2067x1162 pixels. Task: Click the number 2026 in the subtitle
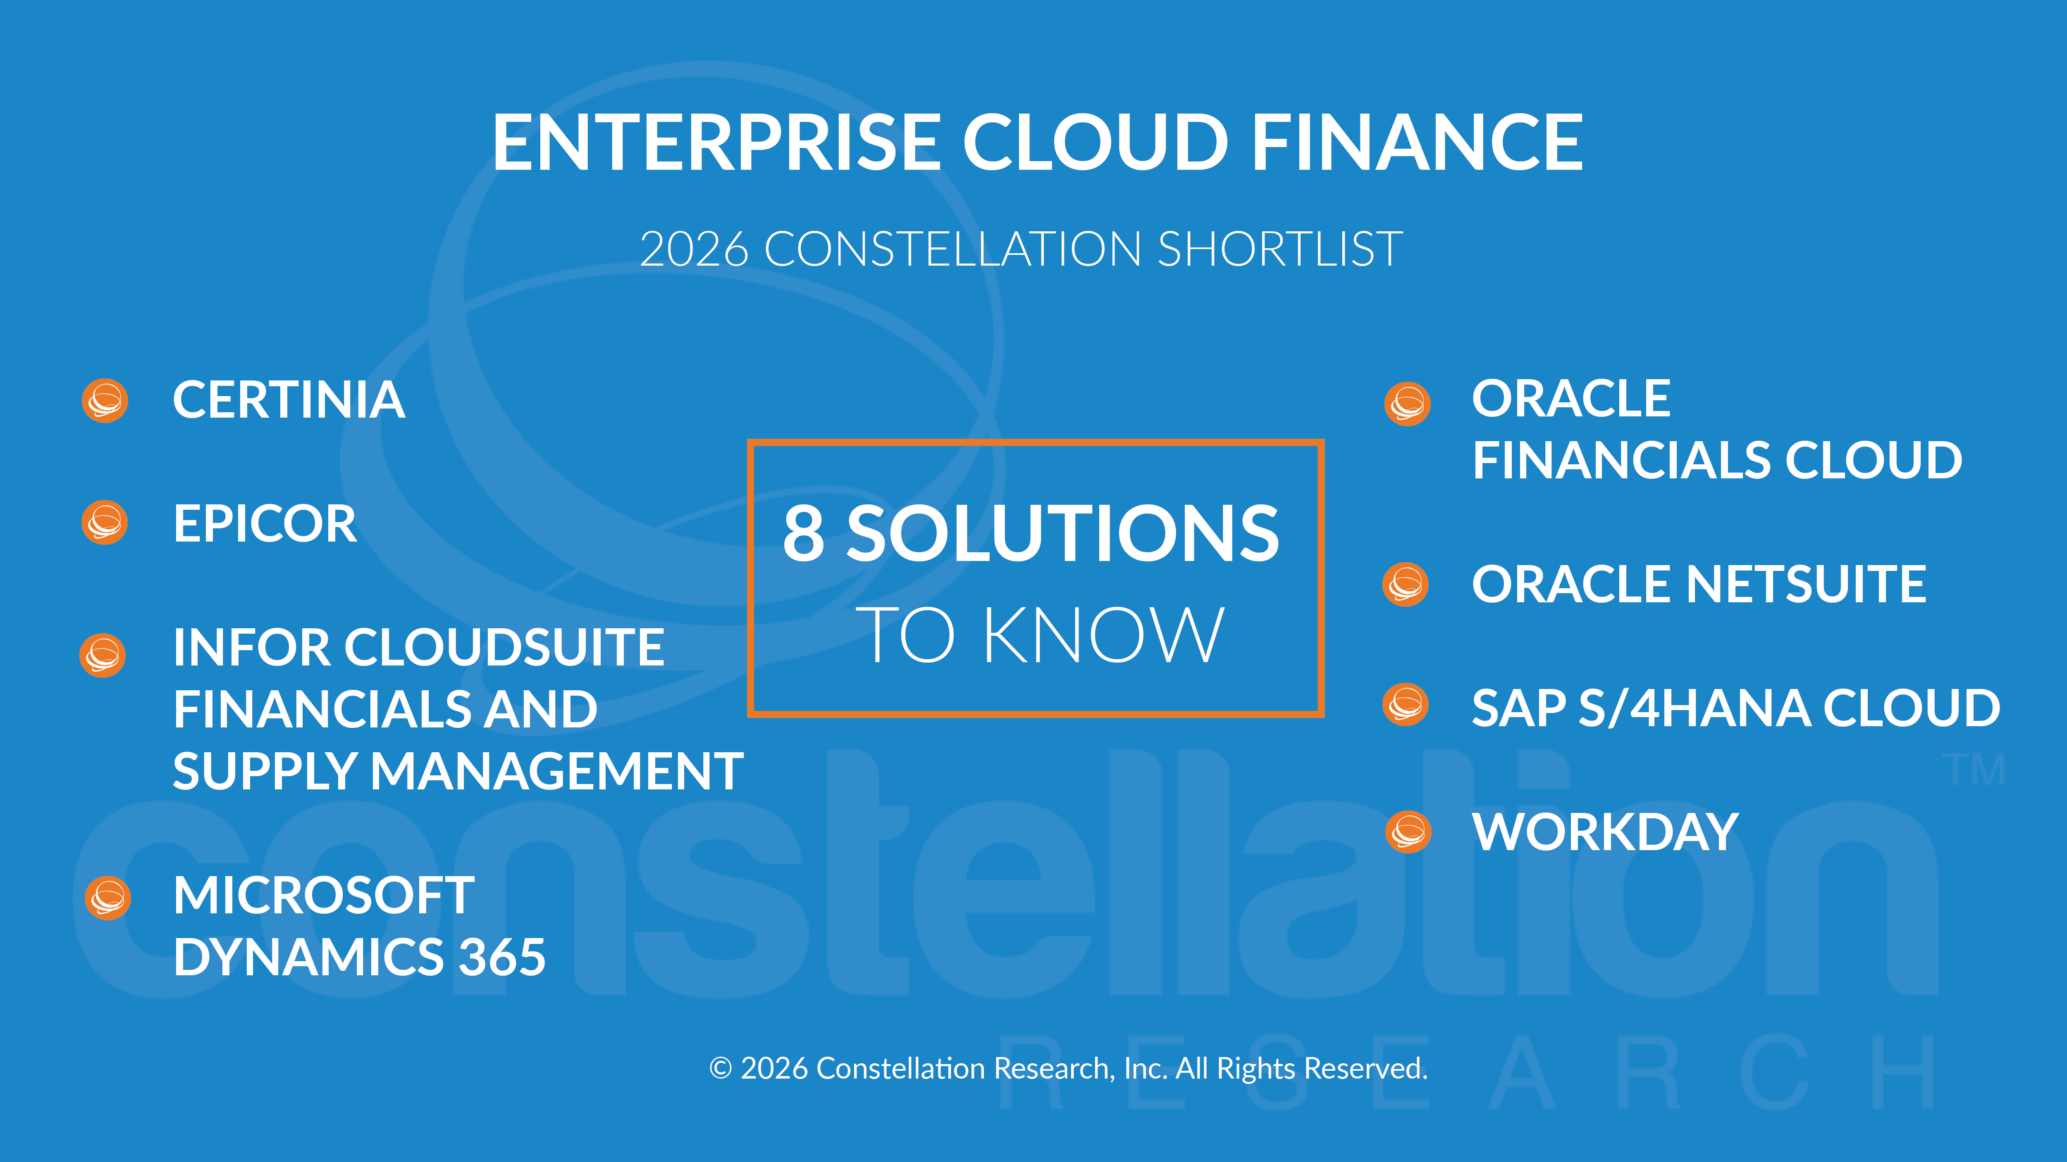694,250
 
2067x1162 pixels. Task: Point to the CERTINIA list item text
289,400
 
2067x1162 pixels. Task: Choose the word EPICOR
265,524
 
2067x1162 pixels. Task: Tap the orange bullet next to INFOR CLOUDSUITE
103,655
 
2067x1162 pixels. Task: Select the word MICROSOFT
323,895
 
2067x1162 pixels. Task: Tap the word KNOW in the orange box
1103,635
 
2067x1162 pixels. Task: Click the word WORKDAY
1605,832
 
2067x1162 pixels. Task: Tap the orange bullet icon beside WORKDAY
1408,832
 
